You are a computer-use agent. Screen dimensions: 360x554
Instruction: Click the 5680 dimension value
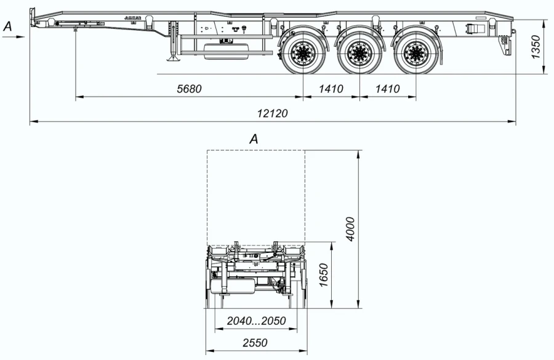pos(189,89)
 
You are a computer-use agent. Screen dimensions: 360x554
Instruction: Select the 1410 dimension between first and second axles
pos(331,89)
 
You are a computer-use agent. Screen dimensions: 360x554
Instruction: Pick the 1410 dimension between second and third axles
pos(387,89)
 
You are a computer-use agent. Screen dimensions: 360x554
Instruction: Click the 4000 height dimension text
pos(350,228)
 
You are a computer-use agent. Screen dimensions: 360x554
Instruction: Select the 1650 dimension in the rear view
pos(324,276)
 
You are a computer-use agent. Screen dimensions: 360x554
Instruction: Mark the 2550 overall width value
pos(255,343)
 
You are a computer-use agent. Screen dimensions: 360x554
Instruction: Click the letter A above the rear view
pos(253,140)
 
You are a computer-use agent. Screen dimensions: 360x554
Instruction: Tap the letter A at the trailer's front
pos(7,26)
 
